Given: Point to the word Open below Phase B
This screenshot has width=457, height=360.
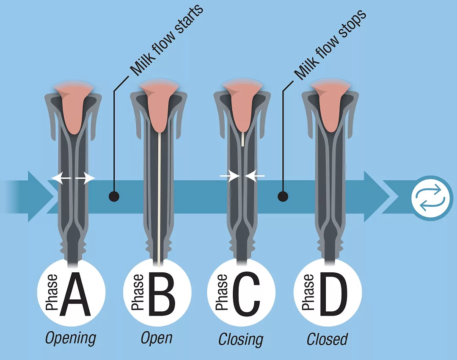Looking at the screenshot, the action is [157, 338].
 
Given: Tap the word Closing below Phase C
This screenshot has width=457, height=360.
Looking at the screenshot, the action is [241, 340].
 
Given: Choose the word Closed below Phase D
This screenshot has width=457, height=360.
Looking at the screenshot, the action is [327, 339].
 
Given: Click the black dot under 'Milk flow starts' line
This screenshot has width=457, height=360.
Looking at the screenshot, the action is [114, 197].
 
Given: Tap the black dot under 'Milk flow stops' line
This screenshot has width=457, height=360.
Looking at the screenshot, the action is [283, 197].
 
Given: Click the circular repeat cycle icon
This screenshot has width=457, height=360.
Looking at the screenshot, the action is [432, 198].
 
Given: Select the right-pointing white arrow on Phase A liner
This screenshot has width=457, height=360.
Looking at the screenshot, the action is [85, 178].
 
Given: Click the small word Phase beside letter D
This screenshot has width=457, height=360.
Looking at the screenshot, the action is [308, 292].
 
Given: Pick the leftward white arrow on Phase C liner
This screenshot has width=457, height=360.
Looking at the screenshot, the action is [255, 176].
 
